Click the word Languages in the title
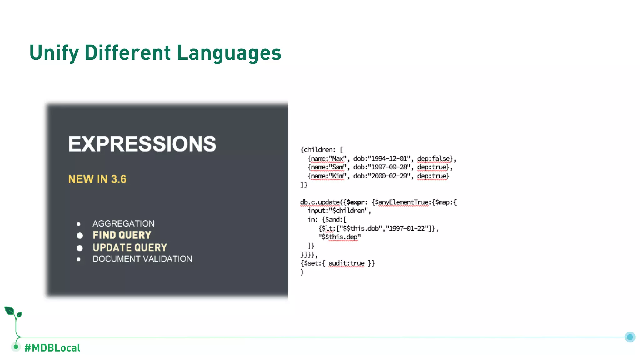(229, 52)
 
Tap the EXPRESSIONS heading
(142, 144)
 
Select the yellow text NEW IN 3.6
(97, 179)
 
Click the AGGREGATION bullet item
(123, 223)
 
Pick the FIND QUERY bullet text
(122, 235)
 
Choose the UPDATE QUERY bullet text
(130, 247)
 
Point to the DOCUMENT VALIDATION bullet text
(142, 259)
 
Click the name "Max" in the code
(337, 159)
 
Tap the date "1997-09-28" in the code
(390, 167)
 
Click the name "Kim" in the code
(338, 176)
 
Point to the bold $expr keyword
(355, 202)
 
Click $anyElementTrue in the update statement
(401, 202)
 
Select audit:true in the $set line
(346, 263)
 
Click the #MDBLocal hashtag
(52, 348)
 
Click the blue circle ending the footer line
(630, 337)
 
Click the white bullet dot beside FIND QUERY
(80, 235)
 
